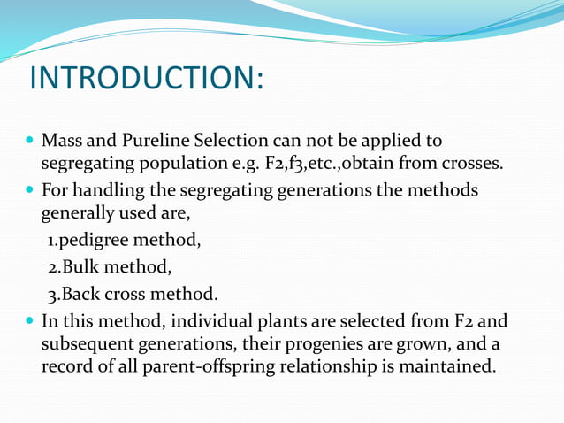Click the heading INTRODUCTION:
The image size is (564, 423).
coord(147,78)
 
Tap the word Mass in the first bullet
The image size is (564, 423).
coord(61,142)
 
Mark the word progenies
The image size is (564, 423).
coord(313,342)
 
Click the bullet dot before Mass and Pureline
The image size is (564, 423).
coord(31,142)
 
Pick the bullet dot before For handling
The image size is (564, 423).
coord(31,191)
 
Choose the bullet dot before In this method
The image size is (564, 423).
coord(31,319)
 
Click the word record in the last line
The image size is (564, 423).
coord(65,365)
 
